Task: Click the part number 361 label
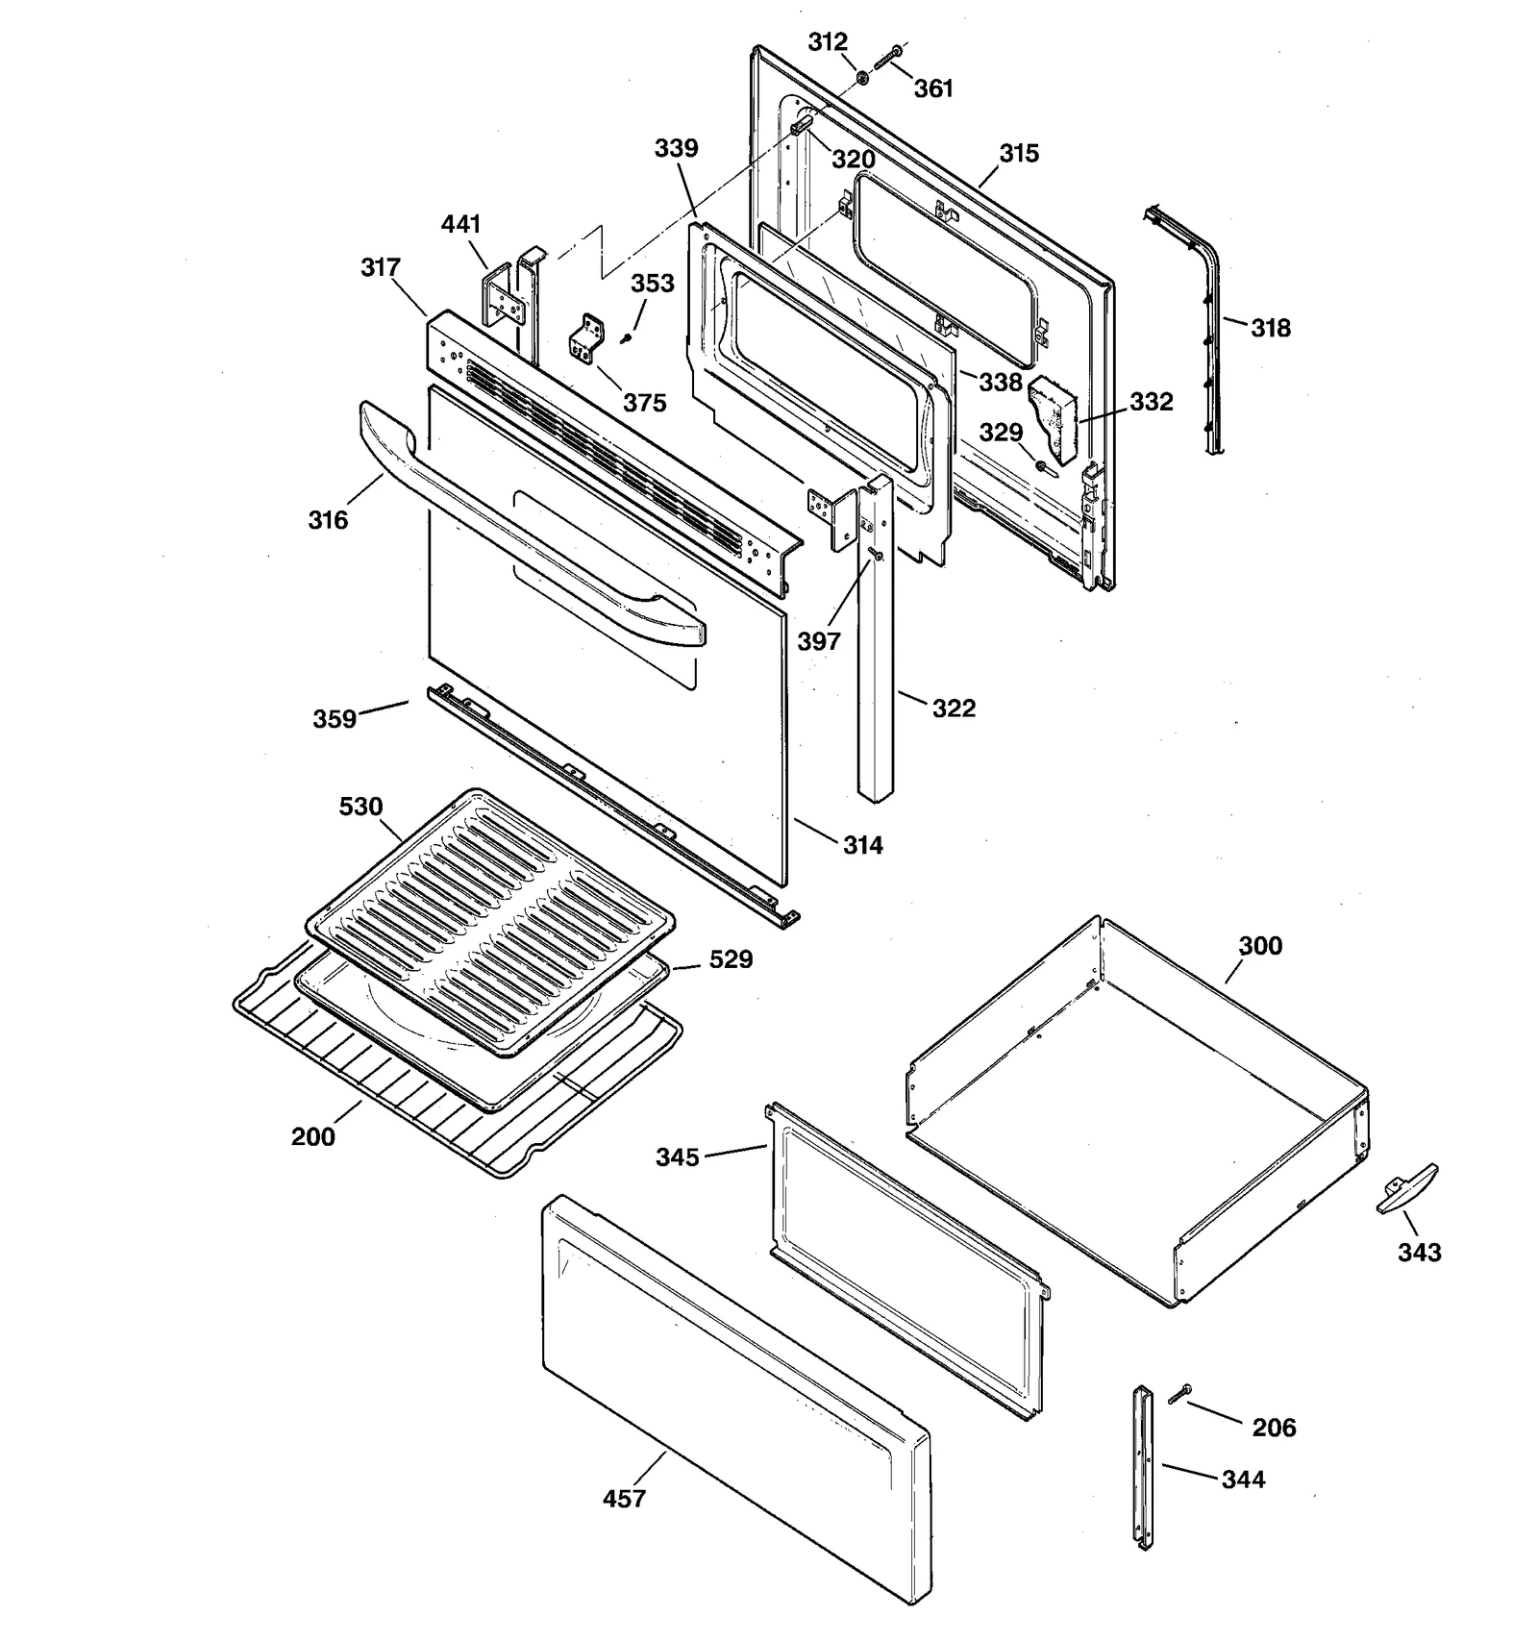click(x=932, y=88)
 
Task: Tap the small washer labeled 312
click(x=862, y=76)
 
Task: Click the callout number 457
click(x=624, y=1498)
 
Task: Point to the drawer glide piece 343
click(x=1407, y=1189)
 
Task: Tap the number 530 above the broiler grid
click(x=360, y=807)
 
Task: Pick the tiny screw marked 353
click(x=627, y=337)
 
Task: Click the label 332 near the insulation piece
click(x=1151, y=401)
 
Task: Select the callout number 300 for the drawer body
click(x=1259, y=946)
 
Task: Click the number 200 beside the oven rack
click(x=313, y=1136)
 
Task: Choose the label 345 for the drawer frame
click(x=678, y=1157)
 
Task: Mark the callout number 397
click(x=818, y=641)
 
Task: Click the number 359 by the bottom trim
click(x=335, y=718)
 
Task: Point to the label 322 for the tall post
click(x=954, y=709)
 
